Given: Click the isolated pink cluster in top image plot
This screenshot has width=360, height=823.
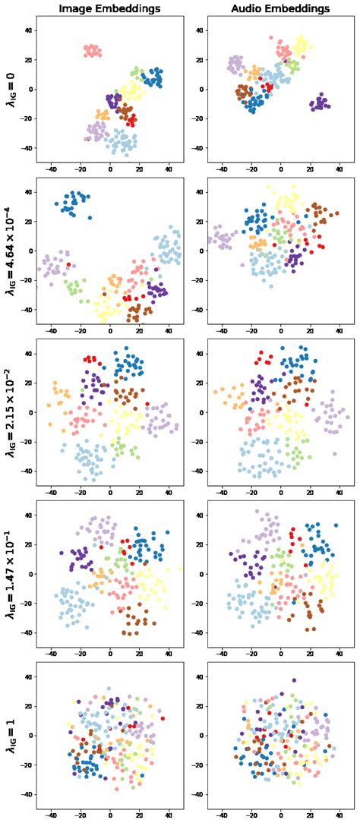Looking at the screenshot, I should point(93,51).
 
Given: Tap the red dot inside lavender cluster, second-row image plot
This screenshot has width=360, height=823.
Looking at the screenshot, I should point(68,264).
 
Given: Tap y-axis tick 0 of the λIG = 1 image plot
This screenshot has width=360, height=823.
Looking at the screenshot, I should point(30,736).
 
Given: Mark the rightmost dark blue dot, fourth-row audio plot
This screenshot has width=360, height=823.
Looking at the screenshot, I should point(336,525).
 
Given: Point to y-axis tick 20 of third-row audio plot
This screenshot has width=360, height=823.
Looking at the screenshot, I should point(200,383).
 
